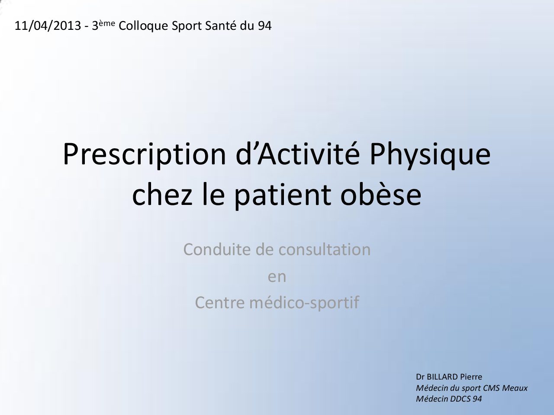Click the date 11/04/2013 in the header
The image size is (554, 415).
pyautogui.click(x=48, y=26)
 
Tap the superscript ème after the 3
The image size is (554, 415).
pyautogui.click(x=107, y=23)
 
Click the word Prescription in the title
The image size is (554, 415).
pyautogui.click(x=145, y=155)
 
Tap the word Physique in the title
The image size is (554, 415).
pyautogui.click(x=430, y=155)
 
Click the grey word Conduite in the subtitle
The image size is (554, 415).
pyautogui.click(x=218, y=249)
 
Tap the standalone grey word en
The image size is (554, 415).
pyautogui.click(x=277, y=277)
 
